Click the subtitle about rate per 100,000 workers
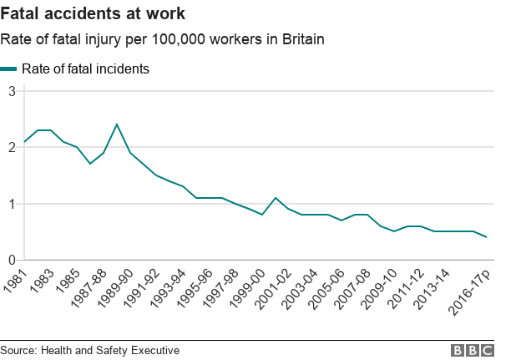(162, 39)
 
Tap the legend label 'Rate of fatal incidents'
(85, 69)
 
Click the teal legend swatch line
(9, 69)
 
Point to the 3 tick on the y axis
(12, 90)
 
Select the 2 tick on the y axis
(12, 147)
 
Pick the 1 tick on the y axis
(12, 204)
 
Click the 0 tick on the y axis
(12, 260)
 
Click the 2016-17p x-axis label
(469, 288)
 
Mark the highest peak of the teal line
(117, 124)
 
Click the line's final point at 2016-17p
(487, 237)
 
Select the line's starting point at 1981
(24, 141)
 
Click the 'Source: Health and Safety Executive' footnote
(90, 350)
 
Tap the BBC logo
(473, 350)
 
